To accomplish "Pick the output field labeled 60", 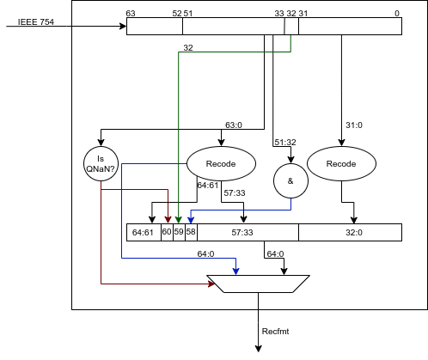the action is tap(167, 232).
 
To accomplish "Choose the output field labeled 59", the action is tap(179, 232).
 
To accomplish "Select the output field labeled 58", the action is tap(191, 232).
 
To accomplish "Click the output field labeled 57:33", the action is tap(248, 232).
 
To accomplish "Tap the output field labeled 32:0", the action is tap(350, 232).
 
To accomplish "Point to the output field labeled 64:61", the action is tap(144, 232).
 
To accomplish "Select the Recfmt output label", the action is tap(275, 332).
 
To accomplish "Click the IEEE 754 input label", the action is tap(36, 22).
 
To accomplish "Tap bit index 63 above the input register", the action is tap(131, 14).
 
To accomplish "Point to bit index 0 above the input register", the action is tap(397, 14).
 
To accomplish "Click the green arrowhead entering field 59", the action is tap(179, 220).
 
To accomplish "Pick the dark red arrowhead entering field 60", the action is tap(168, 220).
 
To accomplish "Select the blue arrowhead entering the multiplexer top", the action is tap(235, 272).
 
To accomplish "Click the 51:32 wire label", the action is tap(285, 142).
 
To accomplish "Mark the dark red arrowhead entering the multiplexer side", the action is tap(211, 284).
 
